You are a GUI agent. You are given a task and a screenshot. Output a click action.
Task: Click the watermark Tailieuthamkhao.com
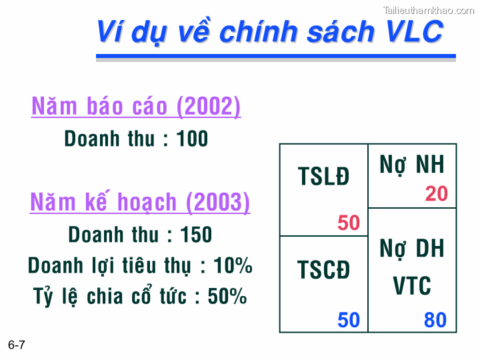coord(427,9)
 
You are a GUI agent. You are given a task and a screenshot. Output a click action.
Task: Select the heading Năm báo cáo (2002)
coord(136,107)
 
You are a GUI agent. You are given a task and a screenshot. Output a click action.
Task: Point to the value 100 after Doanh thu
coord(193,139)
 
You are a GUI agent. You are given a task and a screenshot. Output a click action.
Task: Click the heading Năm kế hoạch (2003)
coord(140,202)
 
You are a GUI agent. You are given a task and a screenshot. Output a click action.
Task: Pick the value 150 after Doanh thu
coord(196,235)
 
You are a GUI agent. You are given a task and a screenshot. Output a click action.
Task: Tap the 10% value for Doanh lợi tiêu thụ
coord(233,265)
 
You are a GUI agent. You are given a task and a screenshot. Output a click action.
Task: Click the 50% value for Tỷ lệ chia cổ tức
coord(227,296)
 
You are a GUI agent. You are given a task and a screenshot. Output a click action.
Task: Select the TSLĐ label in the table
coord(323,177)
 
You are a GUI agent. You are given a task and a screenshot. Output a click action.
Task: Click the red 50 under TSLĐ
coord(349,223)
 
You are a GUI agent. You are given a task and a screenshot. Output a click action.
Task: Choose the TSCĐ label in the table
coord(323,271)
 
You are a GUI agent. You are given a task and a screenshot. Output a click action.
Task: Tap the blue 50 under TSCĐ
coord(349,320)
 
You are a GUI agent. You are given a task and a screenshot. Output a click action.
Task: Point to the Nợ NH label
coord(412,165)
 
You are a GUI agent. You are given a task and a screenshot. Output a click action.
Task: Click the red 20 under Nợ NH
coord(437,194)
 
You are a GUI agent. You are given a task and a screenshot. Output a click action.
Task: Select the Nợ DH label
coord(412,249)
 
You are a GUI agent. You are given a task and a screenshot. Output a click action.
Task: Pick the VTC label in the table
coord(412,286)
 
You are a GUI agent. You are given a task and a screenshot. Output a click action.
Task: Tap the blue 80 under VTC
coord(435,320)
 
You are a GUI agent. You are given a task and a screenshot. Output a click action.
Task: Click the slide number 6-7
coord(17,345)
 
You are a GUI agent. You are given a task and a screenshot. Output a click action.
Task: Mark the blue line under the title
coord(276,56)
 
